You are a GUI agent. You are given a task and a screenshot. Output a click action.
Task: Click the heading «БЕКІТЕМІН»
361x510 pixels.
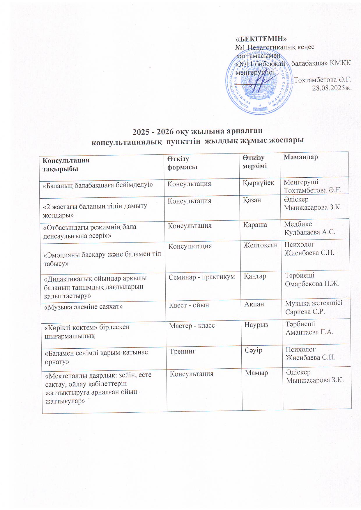point(261,39)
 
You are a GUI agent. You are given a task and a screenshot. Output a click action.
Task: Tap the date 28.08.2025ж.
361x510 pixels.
point(332,88)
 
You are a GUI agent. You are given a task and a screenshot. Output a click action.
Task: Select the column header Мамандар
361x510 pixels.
point(301,157)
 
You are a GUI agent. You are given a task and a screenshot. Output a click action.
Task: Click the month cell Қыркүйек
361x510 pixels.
point(258,183)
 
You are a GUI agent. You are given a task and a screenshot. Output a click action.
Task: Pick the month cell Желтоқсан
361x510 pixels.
point(261,245)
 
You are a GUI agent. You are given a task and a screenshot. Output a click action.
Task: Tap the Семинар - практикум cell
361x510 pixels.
point(201,277)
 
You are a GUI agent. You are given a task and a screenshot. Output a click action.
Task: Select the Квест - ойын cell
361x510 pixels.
point(189,305)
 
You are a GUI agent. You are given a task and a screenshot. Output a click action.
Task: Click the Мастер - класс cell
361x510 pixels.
point(192,326)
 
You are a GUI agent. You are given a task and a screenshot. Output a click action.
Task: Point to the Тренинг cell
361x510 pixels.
point(183,352)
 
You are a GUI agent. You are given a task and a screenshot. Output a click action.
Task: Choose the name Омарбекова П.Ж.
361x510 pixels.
point(312,284)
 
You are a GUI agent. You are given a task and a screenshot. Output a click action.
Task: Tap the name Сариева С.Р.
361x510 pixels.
point(305,312)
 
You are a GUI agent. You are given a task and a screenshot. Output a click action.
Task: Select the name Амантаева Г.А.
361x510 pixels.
point(309,332)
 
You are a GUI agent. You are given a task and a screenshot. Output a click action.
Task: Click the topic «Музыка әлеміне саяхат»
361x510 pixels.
point(83,307)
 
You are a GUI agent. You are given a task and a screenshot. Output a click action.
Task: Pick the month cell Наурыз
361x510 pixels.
point(256,325)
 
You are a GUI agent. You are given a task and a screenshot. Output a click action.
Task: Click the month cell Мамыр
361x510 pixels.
point(256,373)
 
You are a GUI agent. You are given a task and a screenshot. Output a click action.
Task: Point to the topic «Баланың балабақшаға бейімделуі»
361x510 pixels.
point(98,185)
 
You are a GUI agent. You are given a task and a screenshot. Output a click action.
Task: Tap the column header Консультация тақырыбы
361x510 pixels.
point(66,165)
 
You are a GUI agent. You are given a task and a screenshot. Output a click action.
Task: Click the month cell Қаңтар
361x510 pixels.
point(255,276)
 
